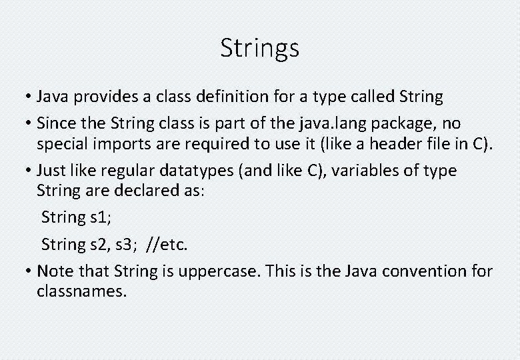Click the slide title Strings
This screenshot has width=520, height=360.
(260, 48)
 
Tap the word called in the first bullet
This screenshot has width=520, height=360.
(367, 97)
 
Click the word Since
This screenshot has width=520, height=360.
(57, 123)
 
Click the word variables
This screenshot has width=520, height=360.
(363, 171)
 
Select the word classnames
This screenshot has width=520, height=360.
(81, 291)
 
